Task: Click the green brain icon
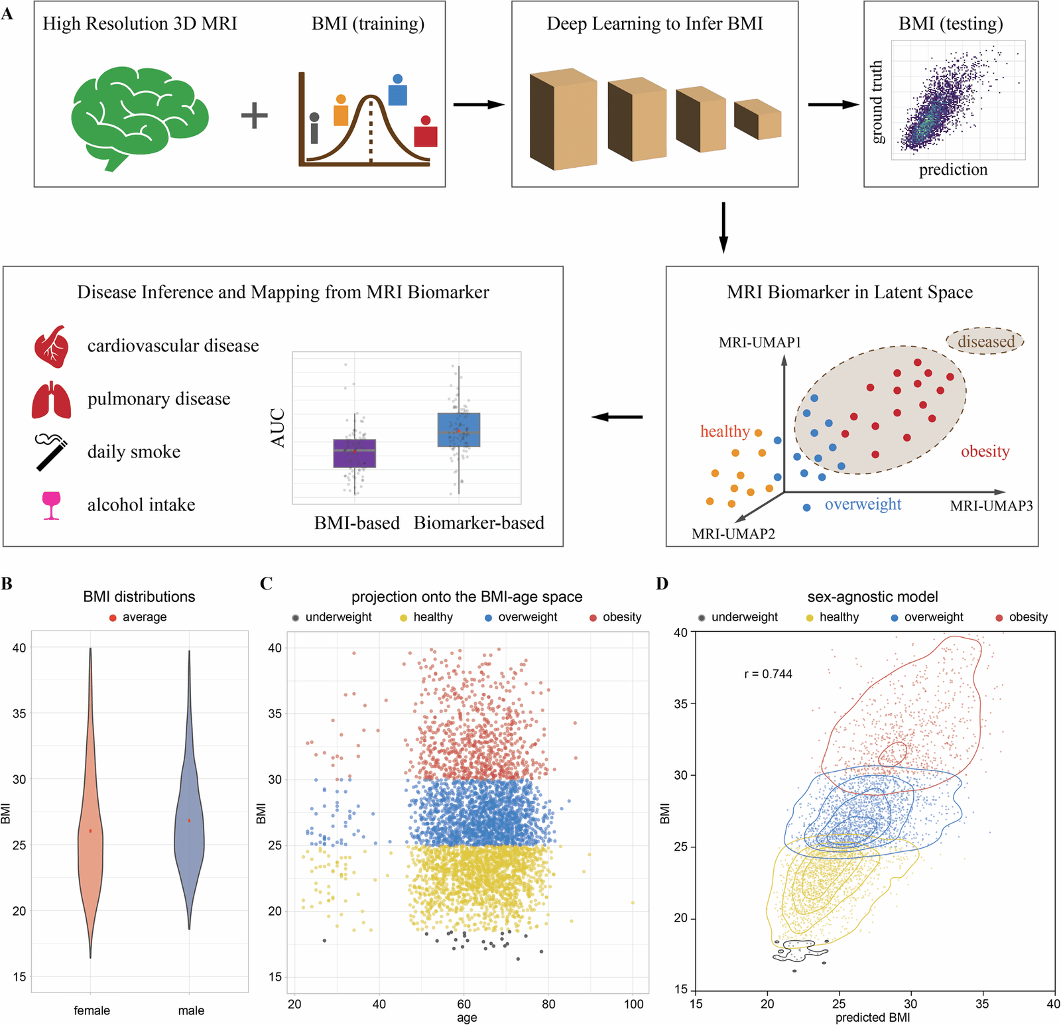139,116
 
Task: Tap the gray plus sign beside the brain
254,115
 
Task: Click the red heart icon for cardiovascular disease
52,346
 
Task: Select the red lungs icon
52,400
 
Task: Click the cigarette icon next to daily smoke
52,452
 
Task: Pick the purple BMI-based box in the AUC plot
355,453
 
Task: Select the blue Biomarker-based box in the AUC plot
459,430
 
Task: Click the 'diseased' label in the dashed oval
986,341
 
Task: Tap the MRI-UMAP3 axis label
991,506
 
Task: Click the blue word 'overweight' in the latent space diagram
863,505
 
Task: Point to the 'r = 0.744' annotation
768,674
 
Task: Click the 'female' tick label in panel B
92,1010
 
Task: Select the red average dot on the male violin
189,821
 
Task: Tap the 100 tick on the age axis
633,1004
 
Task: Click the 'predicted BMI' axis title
872,1018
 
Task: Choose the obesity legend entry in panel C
615,617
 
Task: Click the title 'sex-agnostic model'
873,597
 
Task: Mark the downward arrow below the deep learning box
723,228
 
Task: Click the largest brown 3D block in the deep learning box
564,119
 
